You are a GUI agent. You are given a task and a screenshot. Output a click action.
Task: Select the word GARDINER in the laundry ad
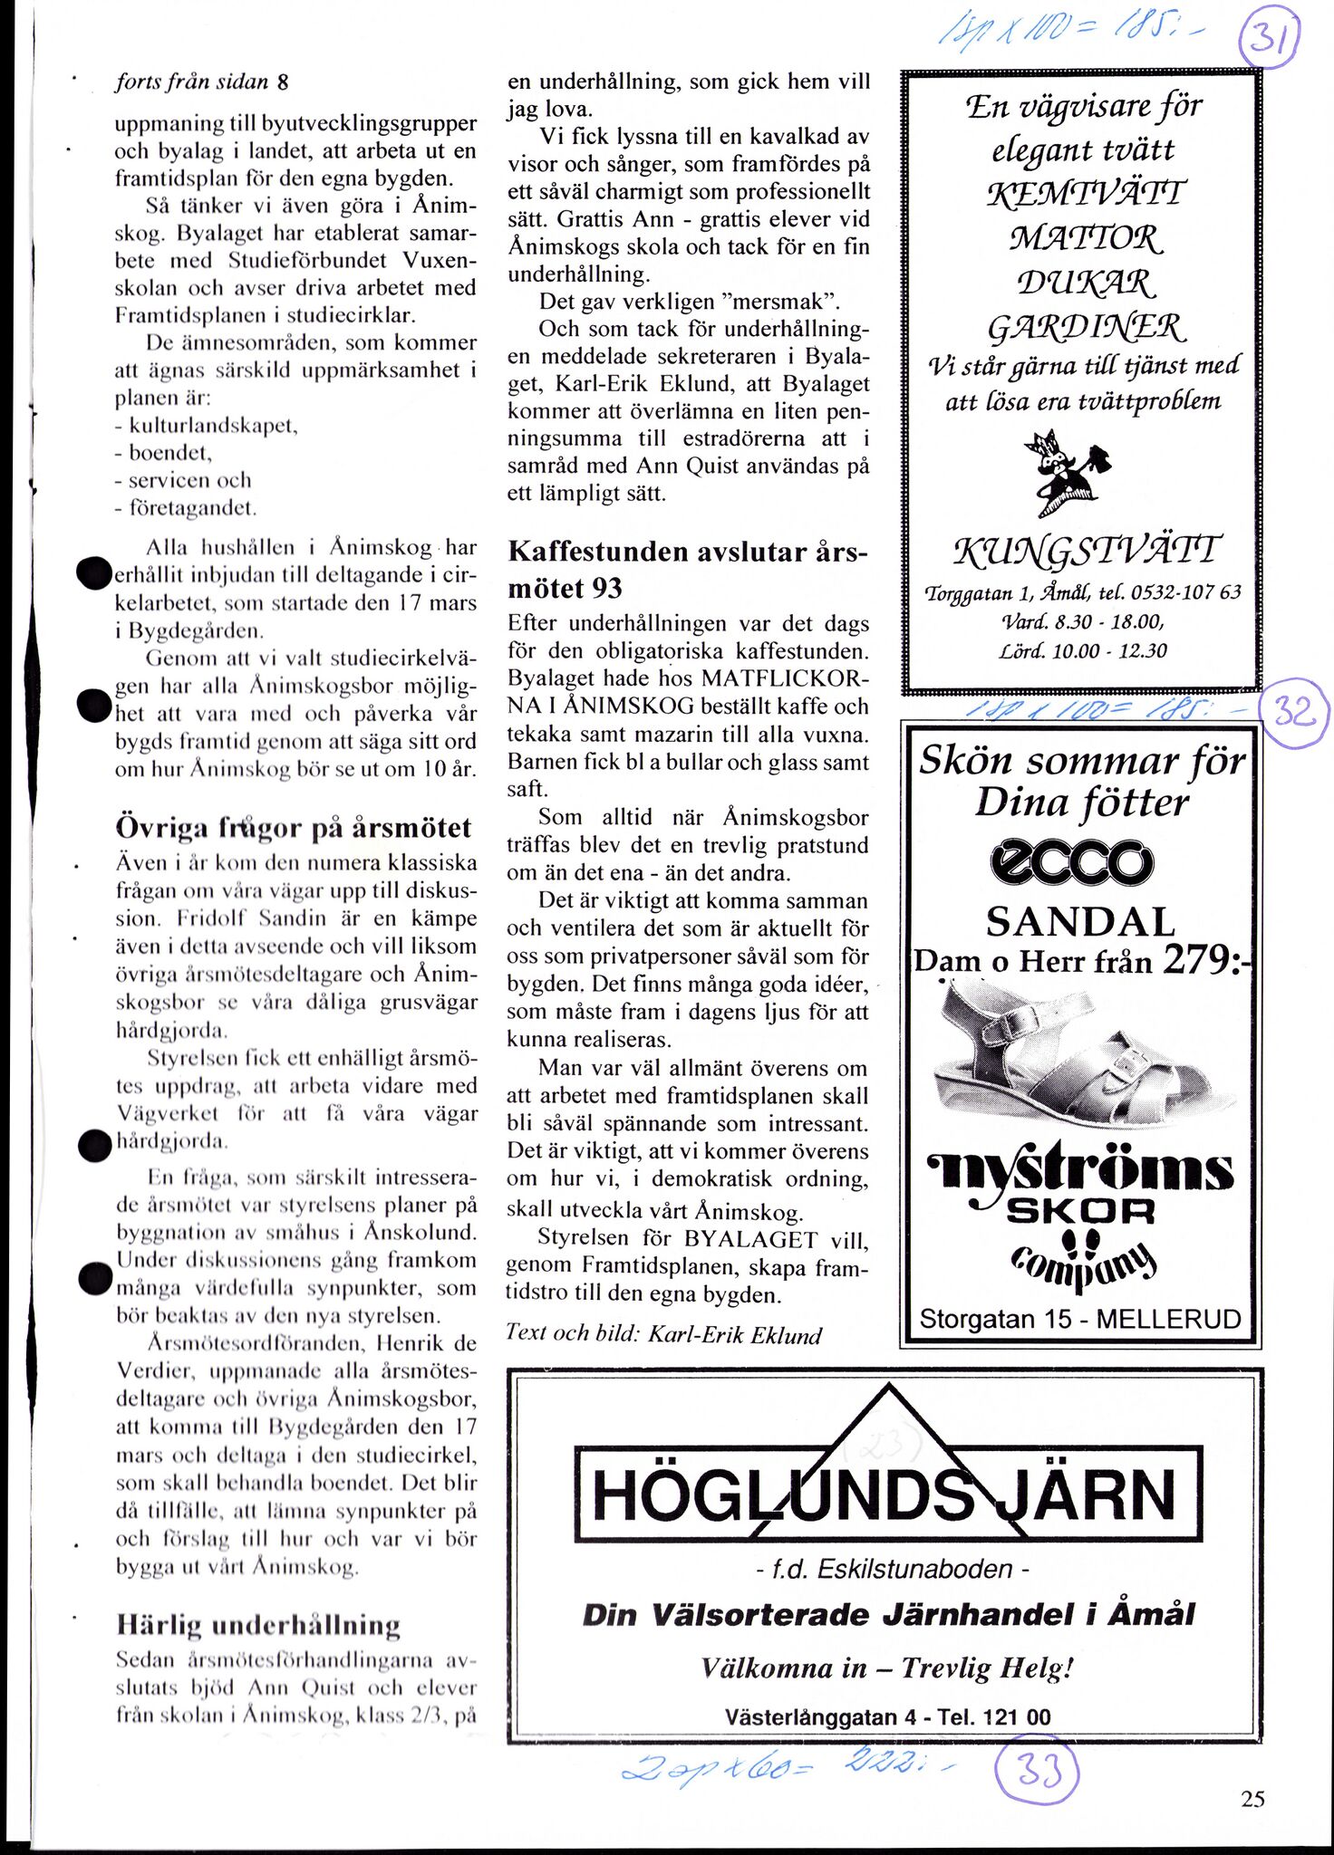click(1085, 325)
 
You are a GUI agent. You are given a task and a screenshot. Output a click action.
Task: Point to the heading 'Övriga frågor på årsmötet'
click(294, 828)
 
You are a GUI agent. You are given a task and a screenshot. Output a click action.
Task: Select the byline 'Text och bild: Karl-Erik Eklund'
click(663, 1335)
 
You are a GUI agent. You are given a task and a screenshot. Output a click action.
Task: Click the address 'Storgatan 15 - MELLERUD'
click(1079, 1319)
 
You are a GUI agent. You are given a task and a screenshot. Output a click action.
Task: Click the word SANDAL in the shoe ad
click(1080, 923)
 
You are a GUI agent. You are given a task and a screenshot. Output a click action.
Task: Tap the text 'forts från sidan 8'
click(201, 82)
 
